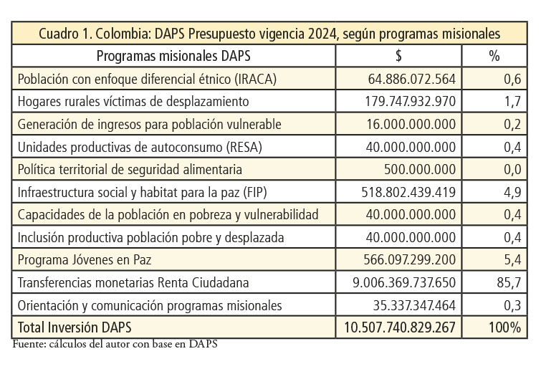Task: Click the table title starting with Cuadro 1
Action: click(269, 34)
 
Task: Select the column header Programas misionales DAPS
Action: click(173, 56)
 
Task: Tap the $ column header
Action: click(398, 56)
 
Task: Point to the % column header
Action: click(494, 56)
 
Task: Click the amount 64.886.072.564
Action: click(411, 79)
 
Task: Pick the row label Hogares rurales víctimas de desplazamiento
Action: click(133, 102)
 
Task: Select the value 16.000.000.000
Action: click(411, 124)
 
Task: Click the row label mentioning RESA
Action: click(140, 148)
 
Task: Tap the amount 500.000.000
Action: click(420, 169)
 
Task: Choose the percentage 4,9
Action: click(512, 193)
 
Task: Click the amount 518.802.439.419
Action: click(408, 192)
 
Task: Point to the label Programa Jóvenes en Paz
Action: click(85, 259)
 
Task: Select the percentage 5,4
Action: click(512, 259)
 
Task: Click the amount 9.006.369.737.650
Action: click(404, 282)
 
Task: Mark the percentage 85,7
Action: click(509, 283)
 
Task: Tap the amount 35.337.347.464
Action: click(414, 305)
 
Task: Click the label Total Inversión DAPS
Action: click(75, 327)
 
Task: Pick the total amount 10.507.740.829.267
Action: click(400, 327)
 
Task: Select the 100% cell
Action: click(504, 327)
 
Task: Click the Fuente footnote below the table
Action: click(115, 344)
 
